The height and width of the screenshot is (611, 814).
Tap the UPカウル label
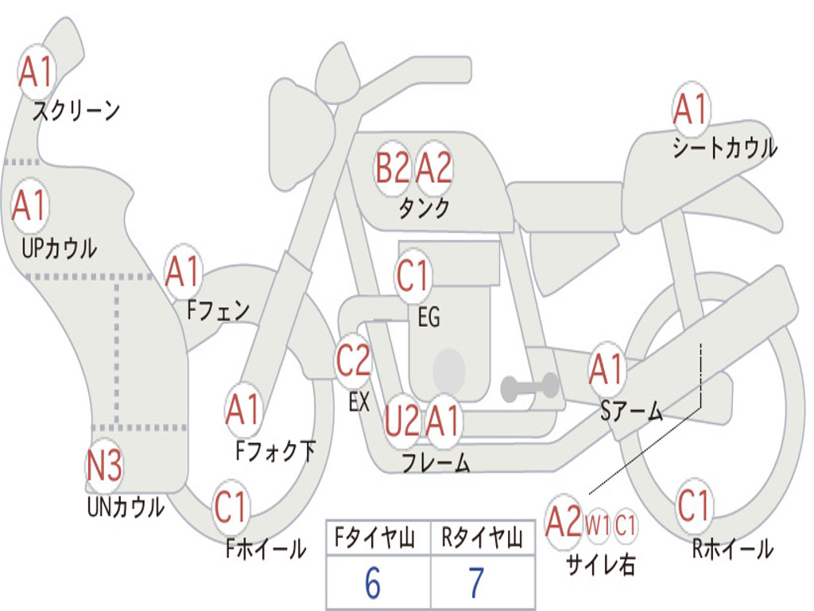(58, 248)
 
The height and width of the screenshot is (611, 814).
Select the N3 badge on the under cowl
(104, 467)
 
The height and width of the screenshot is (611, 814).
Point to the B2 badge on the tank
(393, 168)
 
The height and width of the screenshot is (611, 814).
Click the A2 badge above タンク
(434, 168)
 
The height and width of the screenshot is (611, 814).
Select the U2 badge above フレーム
(401, 421)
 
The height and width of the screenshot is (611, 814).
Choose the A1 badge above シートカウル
(690, 110)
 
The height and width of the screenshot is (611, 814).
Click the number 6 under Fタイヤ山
(373, 583)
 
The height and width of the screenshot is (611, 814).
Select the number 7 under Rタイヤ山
(476, 583)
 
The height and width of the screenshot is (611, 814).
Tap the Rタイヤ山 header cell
(483, 540)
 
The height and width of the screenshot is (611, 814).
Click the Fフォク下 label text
(275, 451)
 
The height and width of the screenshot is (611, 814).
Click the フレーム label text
(436, 463)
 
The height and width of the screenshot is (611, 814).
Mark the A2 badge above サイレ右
(564, 523)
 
